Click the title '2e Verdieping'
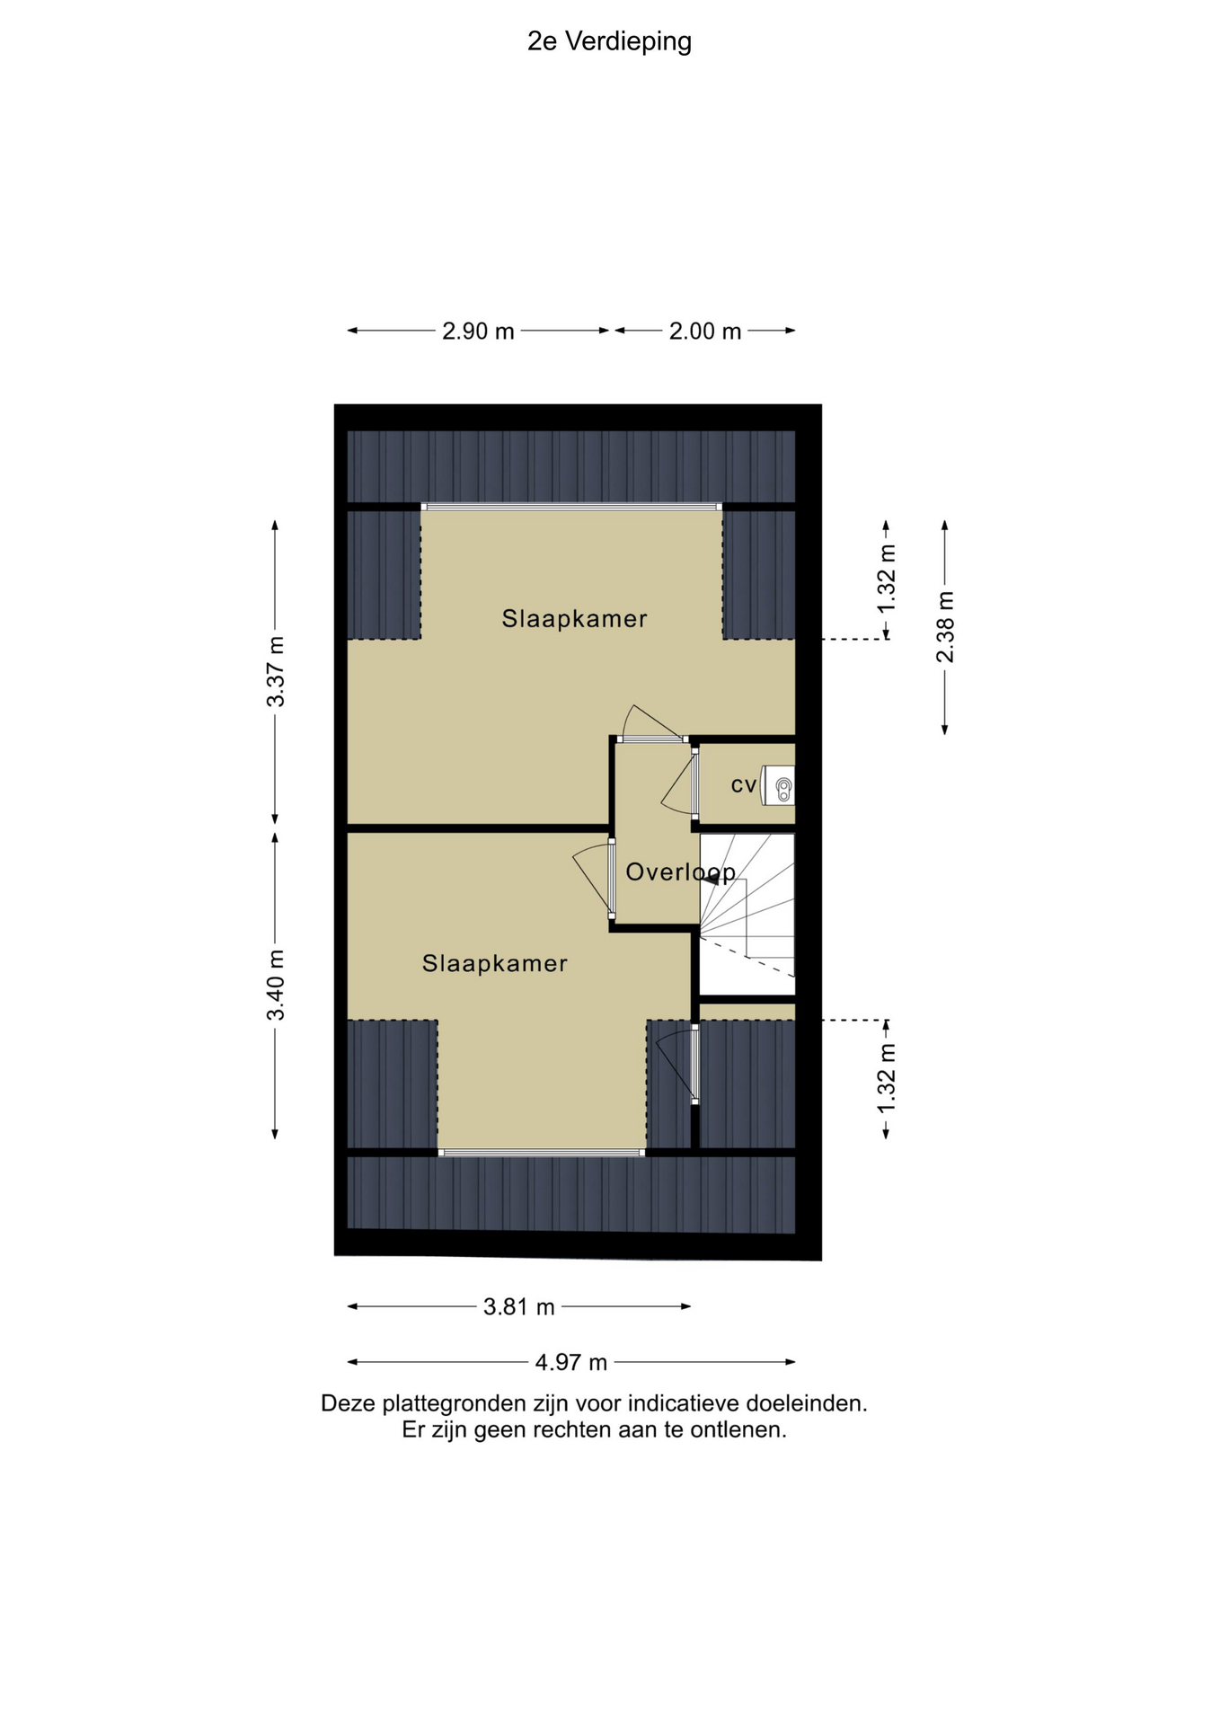609,42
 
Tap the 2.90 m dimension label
478,332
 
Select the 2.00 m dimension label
705,332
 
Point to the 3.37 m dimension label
276,671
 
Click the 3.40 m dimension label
276,985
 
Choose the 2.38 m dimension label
945,627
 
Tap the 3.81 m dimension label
519,1306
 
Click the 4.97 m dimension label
571,1362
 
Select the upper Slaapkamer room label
575,618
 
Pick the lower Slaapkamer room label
495,963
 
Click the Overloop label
681,871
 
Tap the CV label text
744,785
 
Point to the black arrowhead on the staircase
716,880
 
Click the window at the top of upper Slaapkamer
571,507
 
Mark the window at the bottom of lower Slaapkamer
542,1152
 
